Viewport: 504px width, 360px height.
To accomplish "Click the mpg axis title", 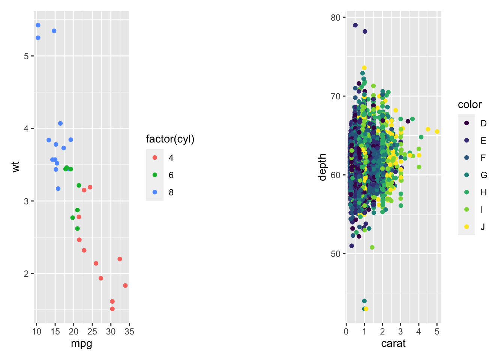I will click(81, 343).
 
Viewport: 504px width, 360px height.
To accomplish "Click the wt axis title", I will click(15, 167).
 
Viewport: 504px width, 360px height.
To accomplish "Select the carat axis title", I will click(393, 343).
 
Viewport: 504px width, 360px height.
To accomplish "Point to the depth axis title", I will click(322, 167).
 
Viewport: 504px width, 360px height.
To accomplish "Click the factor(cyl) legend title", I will click(170, 139).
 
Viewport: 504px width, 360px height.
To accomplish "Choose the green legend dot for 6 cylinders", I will click(155, 175).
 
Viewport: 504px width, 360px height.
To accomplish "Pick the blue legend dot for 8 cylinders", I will click(155, 192).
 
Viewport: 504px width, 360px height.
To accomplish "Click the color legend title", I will click(469, 105).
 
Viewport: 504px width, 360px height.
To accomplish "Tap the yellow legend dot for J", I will click(466, 226).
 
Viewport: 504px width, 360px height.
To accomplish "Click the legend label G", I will click(484, 175).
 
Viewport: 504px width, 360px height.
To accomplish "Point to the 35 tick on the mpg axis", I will click(129, 331).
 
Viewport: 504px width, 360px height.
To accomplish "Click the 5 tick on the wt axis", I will click(26, 56).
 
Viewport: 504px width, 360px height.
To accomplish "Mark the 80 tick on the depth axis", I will click(336, 18).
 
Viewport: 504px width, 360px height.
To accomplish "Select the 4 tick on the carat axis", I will click(418, 331).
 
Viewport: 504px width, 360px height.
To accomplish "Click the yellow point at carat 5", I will click(437, 132).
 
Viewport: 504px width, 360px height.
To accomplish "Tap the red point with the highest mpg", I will click(125, 285).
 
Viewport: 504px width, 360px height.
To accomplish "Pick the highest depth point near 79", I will click(355, 25).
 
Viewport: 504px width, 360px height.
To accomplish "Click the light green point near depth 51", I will click(372, 247).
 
